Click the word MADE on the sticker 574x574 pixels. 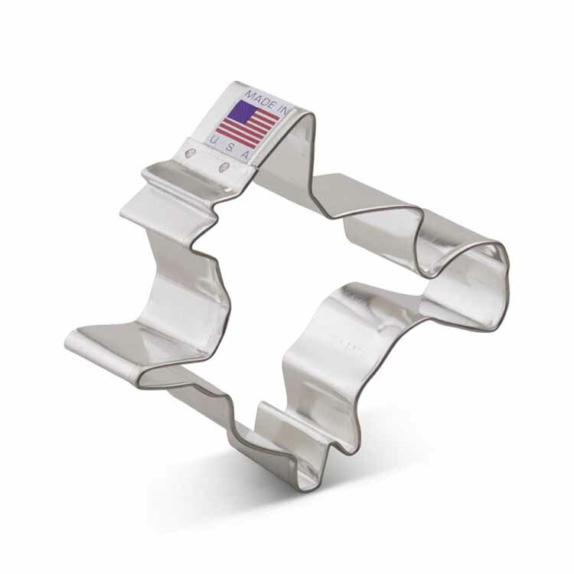(260, 98)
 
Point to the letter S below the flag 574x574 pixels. (230, 148)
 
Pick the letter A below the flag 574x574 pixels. (246, 155)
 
